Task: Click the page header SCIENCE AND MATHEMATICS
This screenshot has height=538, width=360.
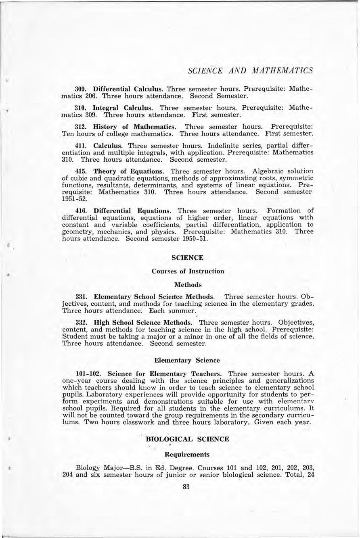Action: [250, 70]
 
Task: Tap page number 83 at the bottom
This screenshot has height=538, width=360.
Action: [186, 487]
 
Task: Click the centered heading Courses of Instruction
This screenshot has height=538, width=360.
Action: [188, 271]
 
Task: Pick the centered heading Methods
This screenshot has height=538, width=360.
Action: [188, 285]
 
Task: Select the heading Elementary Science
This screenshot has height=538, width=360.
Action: [188, 360]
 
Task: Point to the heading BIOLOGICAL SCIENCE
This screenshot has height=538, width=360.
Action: [188, 439]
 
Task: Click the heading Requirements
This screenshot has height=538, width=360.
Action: [188, 454]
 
